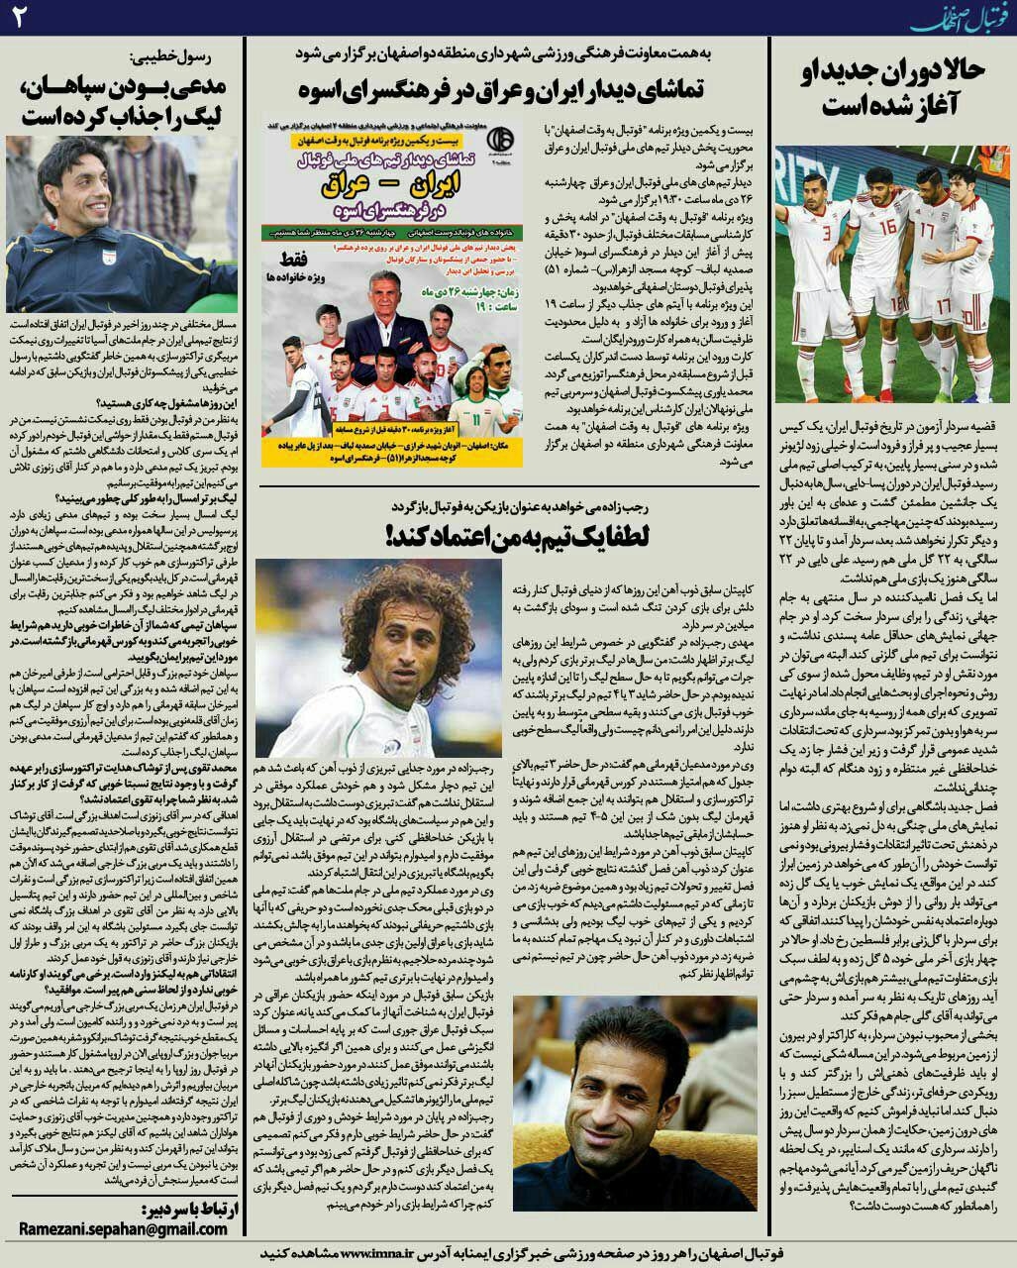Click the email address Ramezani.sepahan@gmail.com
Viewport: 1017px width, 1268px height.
[123, 1228]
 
